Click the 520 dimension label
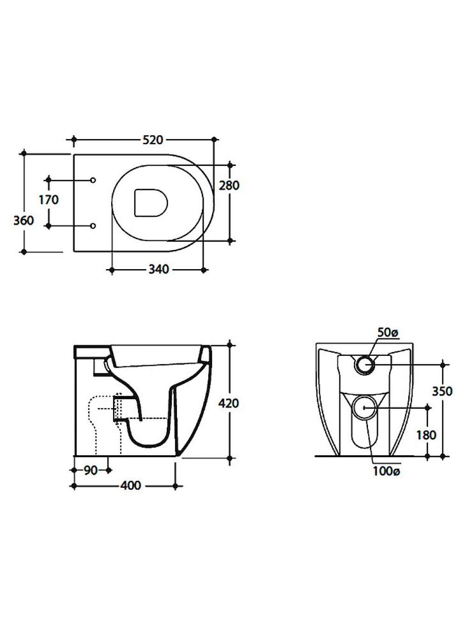(x=153, y=140)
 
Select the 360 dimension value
(x=24, y=221)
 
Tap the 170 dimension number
(x=49, y=200)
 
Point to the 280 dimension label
(x=229, y=185)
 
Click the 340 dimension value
(x=159, y=269)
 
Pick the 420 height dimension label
(x=228, y=403)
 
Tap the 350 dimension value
(x=442, y=391)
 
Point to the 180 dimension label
(x=426, y=435)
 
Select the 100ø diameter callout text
(x=386, y=472)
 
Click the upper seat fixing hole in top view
(x=93, y=180)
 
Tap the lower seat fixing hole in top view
(x=93, y=226)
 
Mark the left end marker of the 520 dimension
(x=74, y=139)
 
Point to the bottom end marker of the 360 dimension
(x=24, y=252)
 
